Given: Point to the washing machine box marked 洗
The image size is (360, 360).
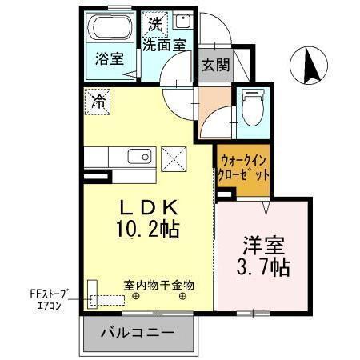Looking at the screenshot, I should (154, 24).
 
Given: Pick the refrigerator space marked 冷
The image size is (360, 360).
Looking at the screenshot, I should (97, 102).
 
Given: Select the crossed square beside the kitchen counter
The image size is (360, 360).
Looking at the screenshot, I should (172, 158).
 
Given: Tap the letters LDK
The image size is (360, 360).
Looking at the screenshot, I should (146, 207).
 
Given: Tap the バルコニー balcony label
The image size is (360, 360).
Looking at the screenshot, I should (137, 331).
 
